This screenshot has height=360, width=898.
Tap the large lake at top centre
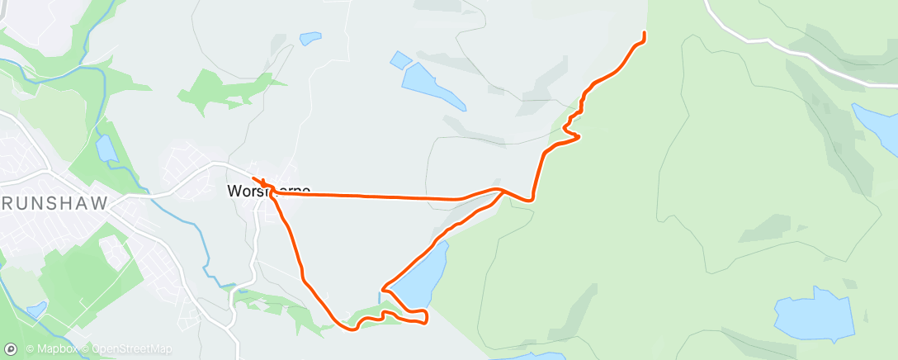pos(432,86)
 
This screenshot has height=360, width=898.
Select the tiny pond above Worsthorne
pos(310,38)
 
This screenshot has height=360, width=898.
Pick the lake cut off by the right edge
pos(877,127)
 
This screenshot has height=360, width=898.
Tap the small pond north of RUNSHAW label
pos(106,149)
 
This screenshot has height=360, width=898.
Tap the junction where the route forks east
pos(500,191)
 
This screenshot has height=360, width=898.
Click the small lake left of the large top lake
pos(400,59)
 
